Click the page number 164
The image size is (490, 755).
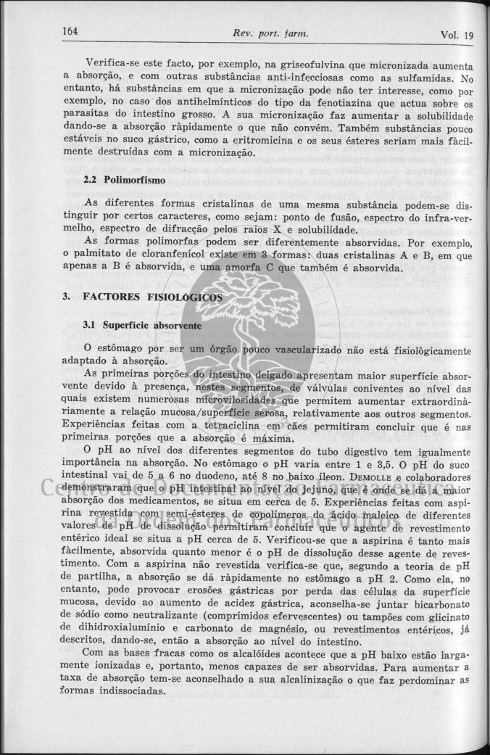(71, 32)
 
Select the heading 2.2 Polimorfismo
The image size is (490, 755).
(125, 178)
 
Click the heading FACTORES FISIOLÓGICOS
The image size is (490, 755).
(153, 297)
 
